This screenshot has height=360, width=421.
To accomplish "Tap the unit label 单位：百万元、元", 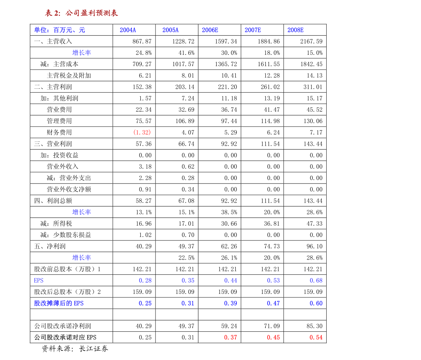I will point(59,30).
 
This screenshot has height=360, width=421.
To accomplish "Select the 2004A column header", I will point(128,30).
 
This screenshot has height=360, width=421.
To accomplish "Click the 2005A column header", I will point(170,30).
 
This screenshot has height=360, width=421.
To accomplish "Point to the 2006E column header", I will point(210,30).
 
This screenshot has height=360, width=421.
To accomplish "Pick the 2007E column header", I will point(253,30).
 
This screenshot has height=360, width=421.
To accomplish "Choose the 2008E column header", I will point(296,30).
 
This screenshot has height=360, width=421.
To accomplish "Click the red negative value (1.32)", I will point(142,132).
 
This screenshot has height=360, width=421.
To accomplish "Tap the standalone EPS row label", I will point(39,280).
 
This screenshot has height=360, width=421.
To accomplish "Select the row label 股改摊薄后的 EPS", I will point(59,303).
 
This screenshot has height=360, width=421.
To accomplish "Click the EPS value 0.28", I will point(145,280).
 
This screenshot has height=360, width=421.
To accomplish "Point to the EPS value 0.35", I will point(188,280).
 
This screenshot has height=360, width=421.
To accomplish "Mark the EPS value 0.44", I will point(231,280).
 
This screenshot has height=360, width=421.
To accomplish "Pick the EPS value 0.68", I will point(316,280).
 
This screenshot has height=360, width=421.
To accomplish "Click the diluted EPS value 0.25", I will point(145,303).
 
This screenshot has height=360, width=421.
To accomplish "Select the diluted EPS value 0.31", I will point(188,303).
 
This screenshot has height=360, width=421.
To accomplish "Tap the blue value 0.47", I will point(273,303).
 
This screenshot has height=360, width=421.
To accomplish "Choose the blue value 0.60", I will point(316,303).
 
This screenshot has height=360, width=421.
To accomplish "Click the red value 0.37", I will point(230,337).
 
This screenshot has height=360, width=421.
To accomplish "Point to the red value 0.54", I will point(316,337).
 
